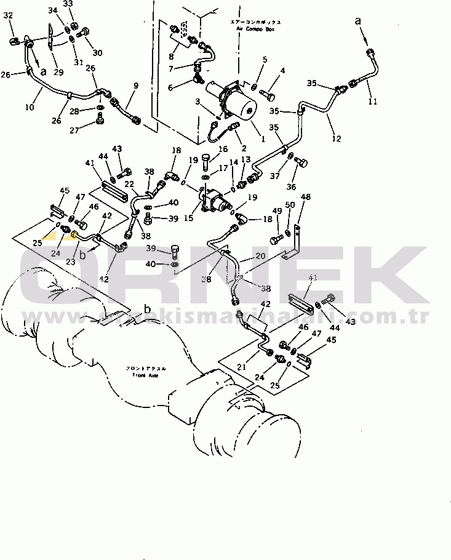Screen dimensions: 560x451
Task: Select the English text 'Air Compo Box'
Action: click(257, 29)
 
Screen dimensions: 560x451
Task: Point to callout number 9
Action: click(135, 86)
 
